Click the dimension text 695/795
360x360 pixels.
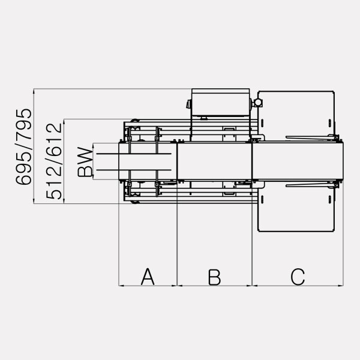(x=23, y=147)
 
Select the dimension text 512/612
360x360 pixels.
(x=54, y=161)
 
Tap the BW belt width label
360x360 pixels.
(x=85, y=161)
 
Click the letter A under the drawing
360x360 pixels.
(x=148, y=277)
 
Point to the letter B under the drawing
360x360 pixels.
(x=214, y=277)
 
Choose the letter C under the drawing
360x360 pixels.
(x=298, y=277)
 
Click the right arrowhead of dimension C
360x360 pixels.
(x=341, y=286)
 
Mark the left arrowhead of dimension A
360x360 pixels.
(x=121, y=286)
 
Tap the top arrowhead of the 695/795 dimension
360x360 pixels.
(x=34, y=91)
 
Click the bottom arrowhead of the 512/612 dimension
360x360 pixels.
(x=64, y=201)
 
